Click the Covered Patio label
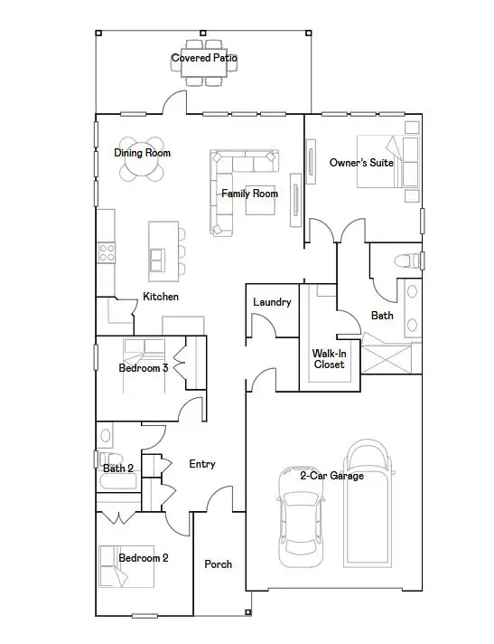(205, 59)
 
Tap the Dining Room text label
(142, 153)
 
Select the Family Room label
(250, 194)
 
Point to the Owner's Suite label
(361, 164)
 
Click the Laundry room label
(272, 302)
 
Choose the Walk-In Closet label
(329, 359)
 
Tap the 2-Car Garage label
(332, 475)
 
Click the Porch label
(218, 564)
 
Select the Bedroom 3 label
(144, 368)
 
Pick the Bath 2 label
(118, 469)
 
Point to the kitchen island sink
(158, 259)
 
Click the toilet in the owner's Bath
(407, 261)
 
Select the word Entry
(202, 464)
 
